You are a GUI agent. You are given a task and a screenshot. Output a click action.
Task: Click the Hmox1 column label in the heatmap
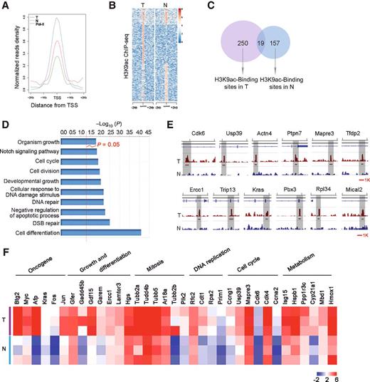[361, 292]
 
